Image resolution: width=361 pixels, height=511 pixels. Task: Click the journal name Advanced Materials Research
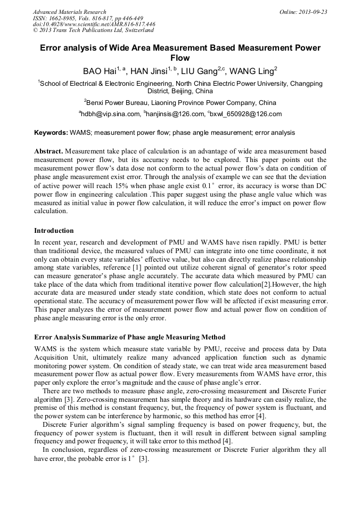(x=70, y=12)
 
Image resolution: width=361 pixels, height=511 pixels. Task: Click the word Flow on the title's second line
(x=180, y=58)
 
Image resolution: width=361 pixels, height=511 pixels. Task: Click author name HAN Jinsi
(x=149, y=71)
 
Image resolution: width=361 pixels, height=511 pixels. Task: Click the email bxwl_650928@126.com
(x=247, y=114)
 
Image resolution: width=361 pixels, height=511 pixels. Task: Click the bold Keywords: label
(x=51, y=132)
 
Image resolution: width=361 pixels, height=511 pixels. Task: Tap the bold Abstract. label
(x=49, y=151)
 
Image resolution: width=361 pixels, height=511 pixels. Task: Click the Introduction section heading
(x=54, y=231)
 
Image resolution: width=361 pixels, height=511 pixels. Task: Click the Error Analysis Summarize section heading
(x=129, y=337)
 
